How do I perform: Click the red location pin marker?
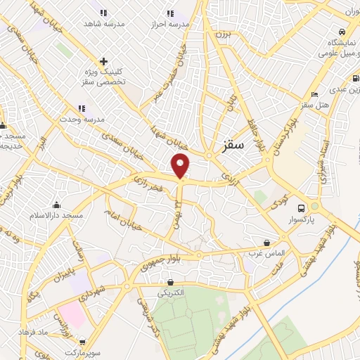181,166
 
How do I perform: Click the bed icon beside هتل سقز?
314,94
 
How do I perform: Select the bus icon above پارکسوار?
302,208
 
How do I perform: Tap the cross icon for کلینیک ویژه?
103,62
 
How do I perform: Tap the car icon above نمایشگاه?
341,32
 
